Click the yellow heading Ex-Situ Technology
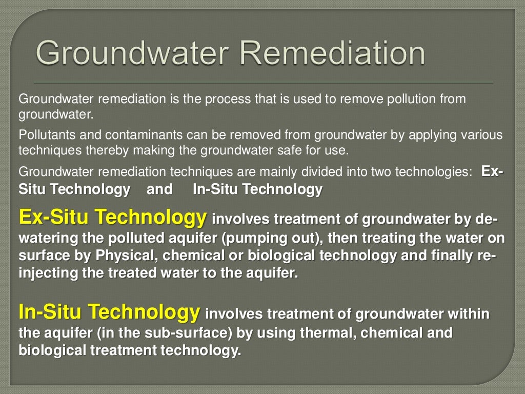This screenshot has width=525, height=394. coord(112,218)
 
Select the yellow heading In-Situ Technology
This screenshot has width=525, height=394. coord(109,311)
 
